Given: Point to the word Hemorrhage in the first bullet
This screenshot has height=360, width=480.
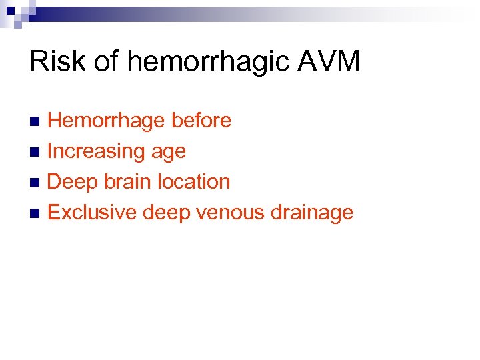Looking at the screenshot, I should tap(106, 121).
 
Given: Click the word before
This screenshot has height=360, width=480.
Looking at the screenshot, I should tap(201, 121).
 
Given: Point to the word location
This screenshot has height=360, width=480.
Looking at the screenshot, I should tap(194, 182).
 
